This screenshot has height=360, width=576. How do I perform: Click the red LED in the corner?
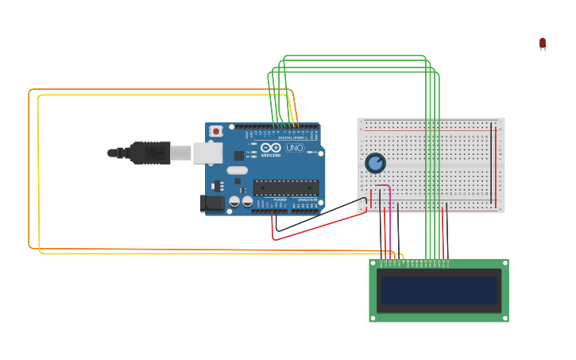(x=543, y=43)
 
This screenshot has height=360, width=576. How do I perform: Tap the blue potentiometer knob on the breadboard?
(x=375, y=163)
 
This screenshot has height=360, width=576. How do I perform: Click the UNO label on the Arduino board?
(x=294, y=148)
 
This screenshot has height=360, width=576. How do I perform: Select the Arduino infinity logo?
(x=271, y=147)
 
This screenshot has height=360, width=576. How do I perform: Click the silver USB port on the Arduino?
(x=207, y=153)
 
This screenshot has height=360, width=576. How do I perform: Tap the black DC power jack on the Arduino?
(x=212, y=203)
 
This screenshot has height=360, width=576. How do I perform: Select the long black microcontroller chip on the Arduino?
(x=286, y=188)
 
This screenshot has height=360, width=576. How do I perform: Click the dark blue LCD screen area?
(x=439, y=291)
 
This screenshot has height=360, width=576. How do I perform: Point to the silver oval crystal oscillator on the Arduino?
(x=238, y=170)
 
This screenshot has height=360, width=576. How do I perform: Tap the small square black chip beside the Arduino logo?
(x=239, y=156)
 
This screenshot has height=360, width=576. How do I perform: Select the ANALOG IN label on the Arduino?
(x=307, y=199)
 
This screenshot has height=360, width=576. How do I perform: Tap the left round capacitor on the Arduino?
(x=234, y=201)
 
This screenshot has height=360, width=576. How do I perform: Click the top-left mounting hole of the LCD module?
(x=373, y=263)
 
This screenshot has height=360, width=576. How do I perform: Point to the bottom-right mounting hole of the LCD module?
(x=504, y=317)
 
